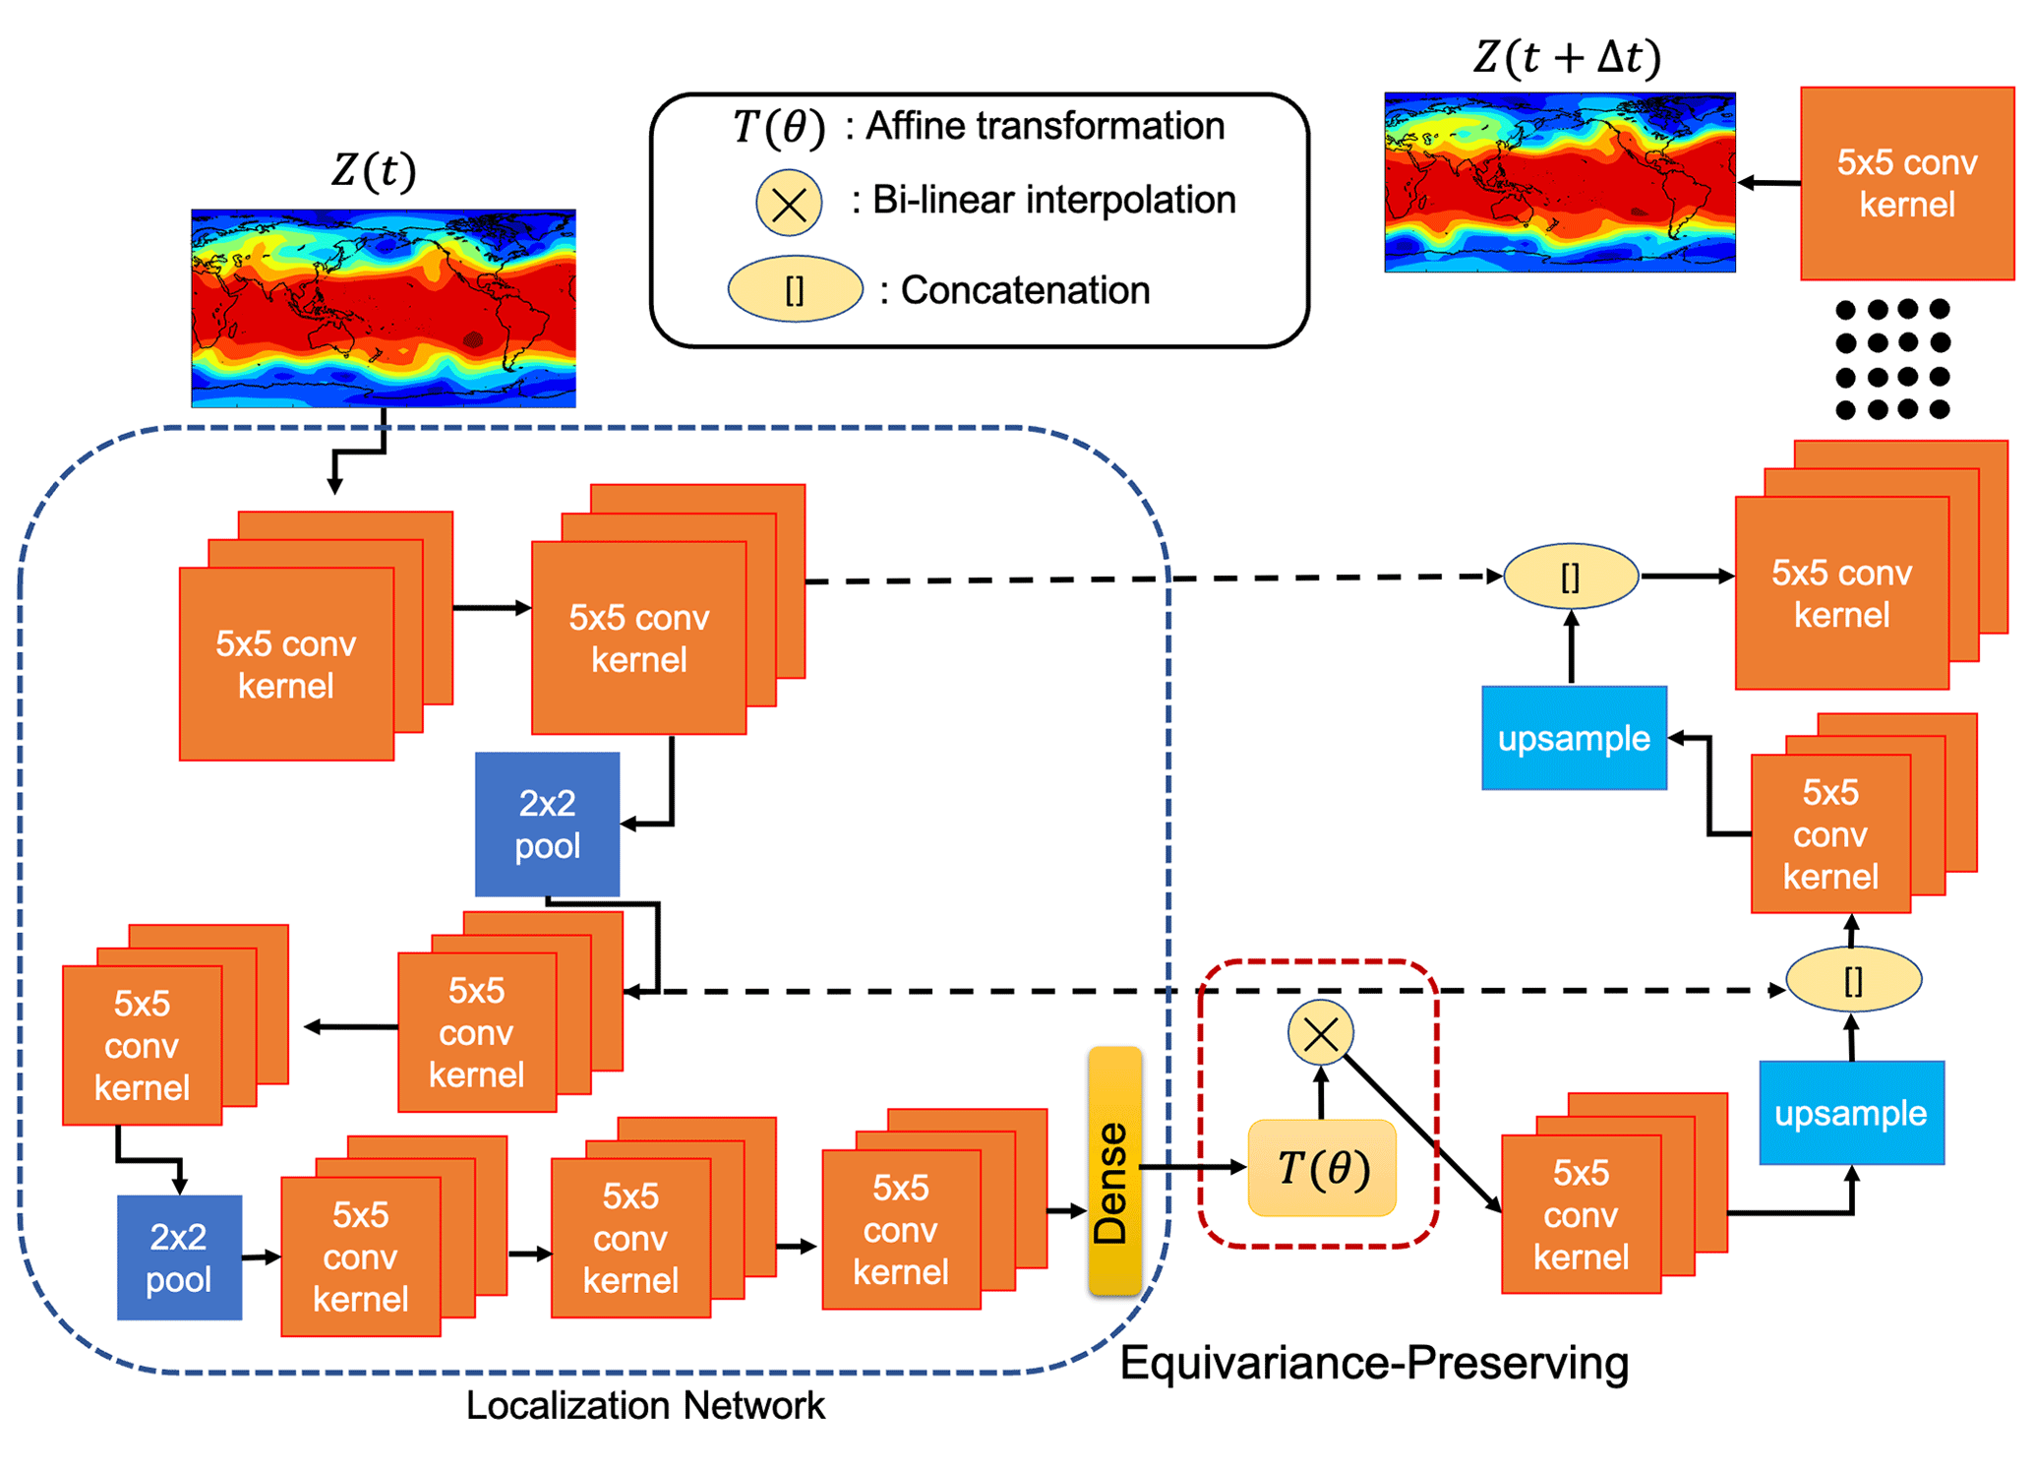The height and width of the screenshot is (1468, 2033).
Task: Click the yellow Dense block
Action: click(x=1113, y=1170)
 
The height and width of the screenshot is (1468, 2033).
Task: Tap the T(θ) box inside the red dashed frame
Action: click(x=1321, y=1168)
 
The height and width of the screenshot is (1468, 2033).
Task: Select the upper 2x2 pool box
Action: click(x=547, y=824)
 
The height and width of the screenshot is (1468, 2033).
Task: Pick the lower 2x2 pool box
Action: click(x=179, y=1256)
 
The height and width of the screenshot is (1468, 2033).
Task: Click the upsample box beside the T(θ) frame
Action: click(x=1850, y=1112)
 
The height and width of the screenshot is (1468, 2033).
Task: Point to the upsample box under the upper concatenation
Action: click(x=1573, y=737)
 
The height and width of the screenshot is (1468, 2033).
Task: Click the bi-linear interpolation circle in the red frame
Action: click(x=1320, y=1033)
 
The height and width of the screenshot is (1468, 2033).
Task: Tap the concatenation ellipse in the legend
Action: click(x=795, y=289)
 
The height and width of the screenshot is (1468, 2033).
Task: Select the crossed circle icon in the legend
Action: click(x=789, y=204)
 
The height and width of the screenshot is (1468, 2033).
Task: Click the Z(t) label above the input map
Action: click(x=374, y=170)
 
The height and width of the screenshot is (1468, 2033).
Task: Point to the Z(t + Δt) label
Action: click(x=1566, y=57)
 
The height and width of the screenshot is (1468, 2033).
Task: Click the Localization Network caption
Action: click(x=645, y=1405)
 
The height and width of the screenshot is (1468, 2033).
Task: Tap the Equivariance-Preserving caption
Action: click(x=1373, y=1363)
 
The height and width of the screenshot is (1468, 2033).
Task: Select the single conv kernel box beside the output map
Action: click(x=1906, y=183)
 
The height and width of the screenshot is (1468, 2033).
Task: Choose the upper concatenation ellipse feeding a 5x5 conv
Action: click(x=1571, y=577)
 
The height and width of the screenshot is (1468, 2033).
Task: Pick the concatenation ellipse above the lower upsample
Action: click(x=1853, y=979)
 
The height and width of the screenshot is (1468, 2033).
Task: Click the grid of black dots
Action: click(x=1892, y=359)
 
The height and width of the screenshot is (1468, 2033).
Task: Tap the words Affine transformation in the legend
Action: click(x=1045, y=126)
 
